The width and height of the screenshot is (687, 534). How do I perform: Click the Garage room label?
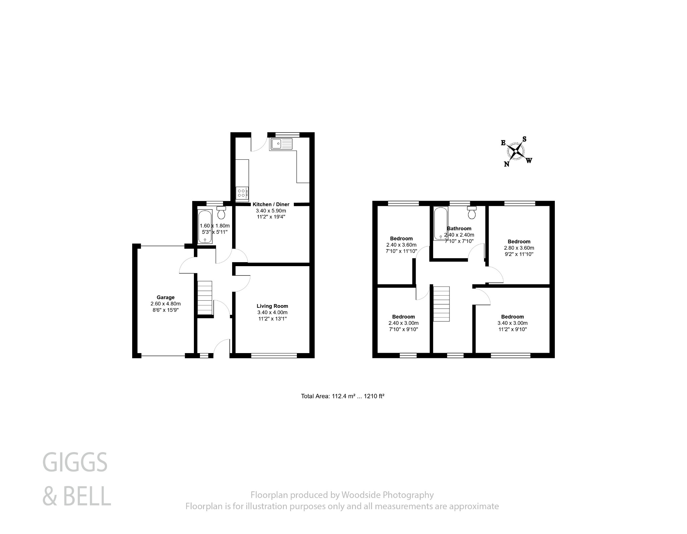(165, 297)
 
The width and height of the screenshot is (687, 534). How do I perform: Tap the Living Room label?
(272, 306)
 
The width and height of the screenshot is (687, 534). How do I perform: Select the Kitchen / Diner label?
(271, 204)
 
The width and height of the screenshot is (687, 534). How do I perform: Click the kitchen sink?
(281, 144)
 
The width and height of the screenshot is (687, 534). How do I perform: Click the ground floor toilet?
(221, 212)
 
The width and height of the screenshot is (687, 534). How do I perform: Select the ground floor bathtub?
(205, 227)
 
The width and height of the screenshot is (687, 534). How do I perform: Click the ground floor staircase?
(205, 298)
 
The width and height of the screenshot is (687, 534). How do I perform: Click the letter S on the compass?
(524, 139)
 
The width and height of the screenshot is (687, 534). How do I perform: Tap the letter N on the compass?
(507, 164)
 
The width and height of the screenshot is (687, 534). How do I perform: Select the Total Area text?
(342, 396)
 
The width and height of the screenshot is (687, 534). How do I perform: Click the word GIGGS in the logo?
(75, 463)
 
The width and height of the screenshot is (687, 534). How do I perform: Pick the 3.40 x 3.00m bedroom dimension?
(512, 323)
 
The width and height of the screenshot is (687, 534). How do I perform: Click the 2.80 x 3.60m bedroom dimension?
(519, 248)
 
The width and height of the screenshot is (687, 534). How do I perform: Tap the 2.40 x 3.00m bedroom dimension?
(404, 323)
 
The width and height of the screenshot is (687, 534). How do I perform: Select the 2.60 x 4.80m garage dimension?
(165, 304)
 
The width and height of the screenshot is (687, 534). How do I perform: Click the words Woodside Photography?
(387, 495)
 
